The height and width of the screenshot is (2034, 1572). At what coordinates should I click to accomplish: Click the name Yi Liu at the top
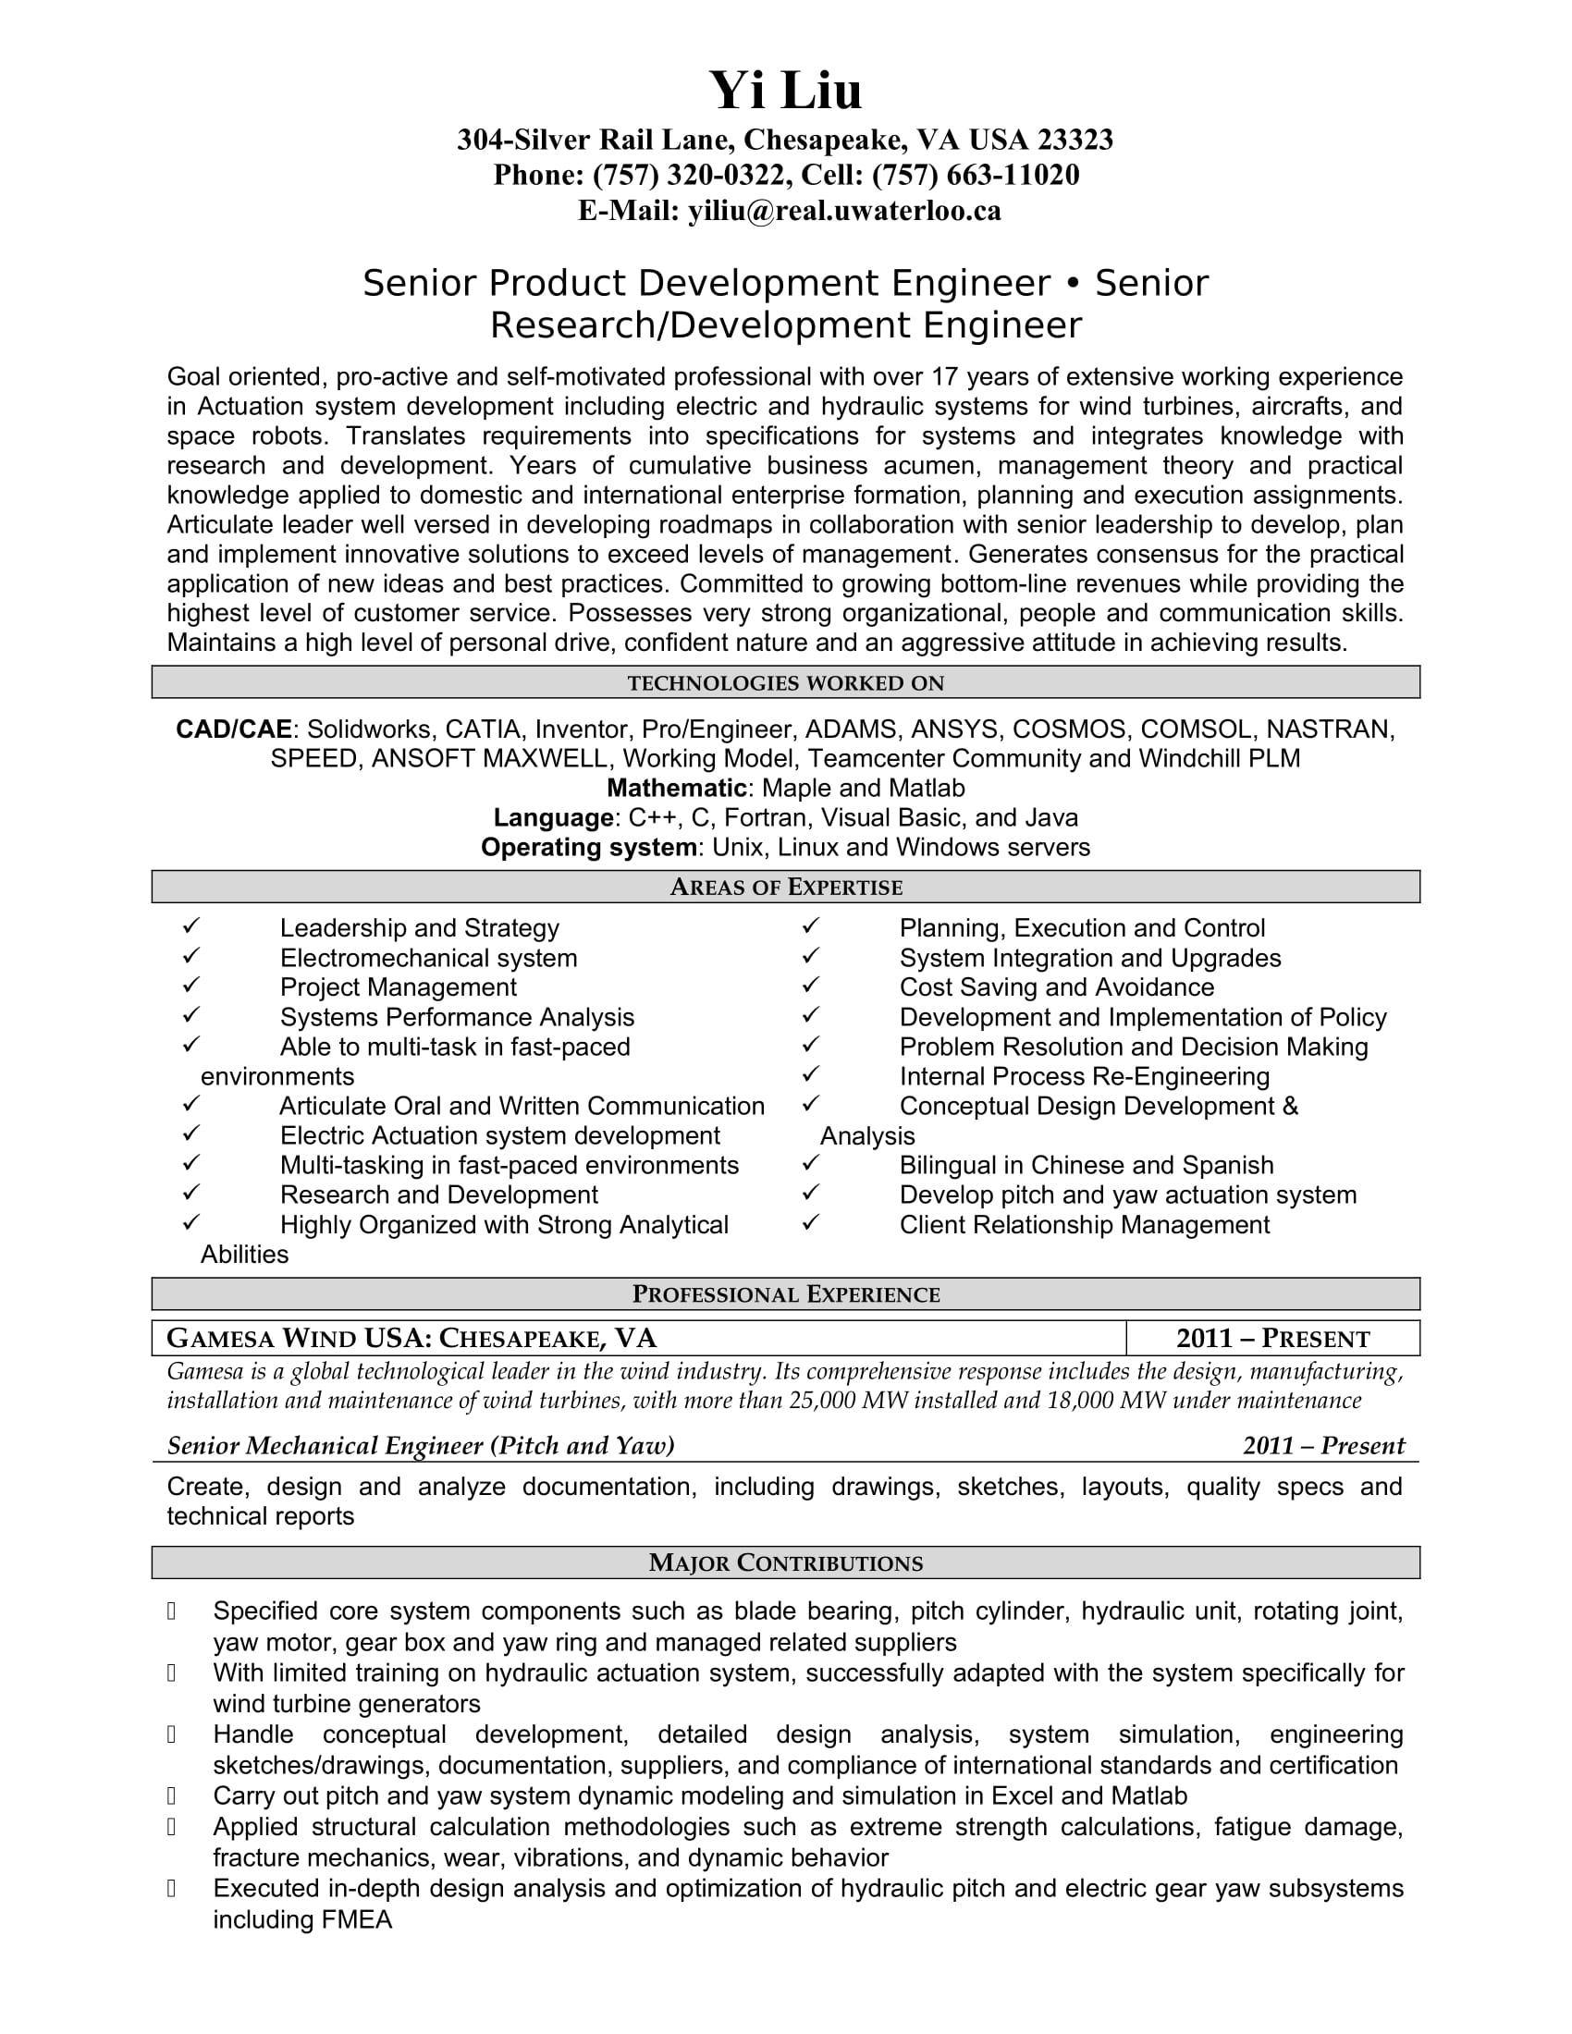(785, 92)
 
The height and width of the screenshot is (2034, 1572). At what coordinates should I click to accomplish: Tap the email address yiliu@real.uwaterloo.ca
(843, 212)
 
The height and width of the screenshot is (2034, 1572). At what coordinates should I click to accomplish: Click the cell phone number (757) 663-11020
(975, 175)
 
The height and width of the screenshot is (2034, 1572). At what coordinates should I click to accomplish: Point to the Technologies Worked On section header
(785, 682)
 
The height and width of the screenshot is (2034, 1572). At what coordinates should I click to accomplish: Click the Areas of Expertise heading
(785, 887)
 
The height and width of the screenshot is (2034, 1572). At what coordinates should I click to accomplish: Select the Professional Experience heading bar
(785, 1293)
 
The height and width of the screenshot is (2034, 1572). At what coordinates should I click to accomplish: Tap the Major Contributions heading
(785, 1562)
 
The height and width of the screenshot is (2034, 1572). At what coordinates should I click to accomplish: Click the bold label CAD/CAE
(234, 729)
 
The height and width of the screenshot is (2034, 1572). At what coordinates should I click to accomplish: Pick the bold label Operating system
(588, 848)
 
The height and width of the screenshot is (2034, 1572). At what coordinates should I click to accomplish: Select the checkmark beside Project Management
(190, 986)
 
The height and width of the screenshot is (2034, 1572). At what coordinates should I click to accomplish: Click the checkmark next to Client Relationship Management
(810, 1223)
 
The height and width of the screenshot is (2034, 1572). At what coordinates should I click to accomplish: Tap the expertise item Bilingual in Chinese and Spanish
(1086, 1165)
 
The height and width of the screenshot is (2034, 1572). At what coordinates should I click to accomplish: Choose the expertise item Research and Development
(438, 1195)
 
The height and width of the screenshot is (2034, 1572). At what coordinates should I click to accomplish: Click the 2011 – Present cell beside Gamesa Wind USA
(1272, 1339)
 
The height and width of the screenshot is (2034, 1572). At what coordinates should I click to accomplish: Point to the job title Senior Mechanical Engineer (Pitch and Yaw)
(420, 1445)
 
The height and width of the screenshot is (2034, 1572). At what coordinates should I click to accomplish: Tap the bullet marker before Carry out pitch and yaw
(171, 1795)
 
